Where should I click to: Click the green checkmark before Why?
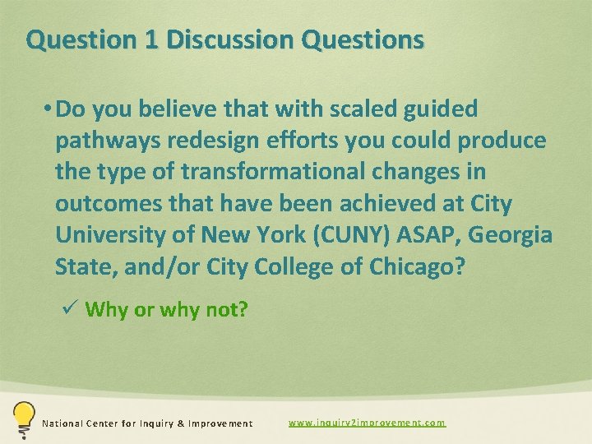pyautogui.click(x=70, y=308)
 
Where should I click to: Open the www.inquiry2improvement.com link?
pyautogui.click(x=367, y=423)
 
